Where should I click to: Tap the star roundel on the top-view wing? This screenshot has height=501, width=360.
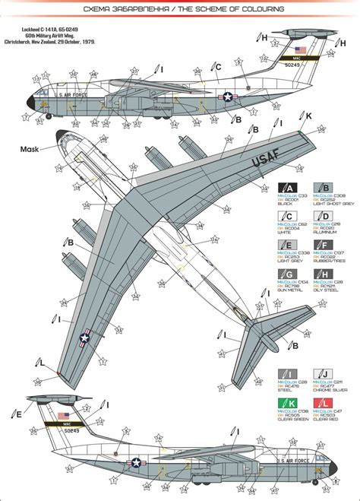pyautogui.click(x=86, y=339)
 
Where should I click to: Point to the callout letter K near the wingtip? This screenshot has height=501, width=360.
pyautogui.click(x=308, y=116)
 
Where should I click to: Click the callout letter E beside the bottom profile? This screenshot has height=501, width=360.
pyautogui.click(x=17, y=414)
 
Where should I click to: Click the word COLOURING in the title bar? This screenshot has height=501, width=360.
pyautogui.click(x=248, y=9)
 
